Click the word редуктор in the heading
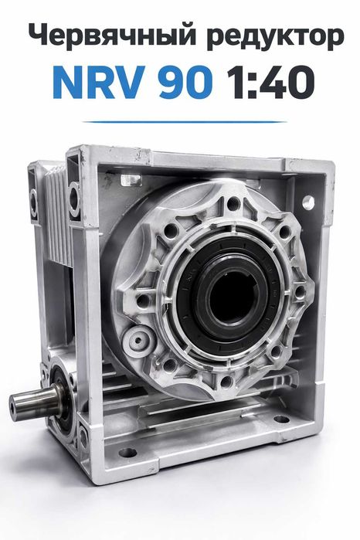276,38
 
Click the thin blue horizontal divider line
185,121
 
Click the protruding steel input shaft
35,400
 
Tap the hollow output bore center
232,298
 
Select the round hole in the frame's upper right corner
308,202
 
